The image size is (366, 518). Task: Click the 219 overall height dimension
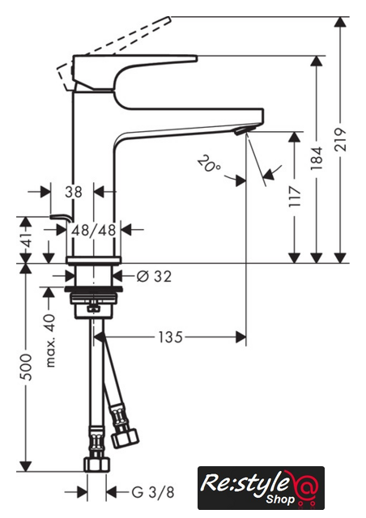[x=341, y=140]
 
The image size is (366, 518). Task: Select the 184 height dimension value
[x=317, y=159]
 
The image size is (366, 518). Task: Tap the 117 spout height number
[x=295, y=196]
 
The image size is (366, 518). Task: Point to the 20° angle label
[x=208, y=164]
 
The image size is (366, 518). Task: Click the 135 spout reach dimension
[x=170, y=338]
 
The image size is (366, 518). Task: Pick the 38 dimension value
[x=73, y=192]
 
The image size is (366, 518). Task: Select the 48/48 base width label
[x=94, y=230]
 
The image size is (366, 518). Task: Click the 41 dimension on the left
[x=27, y=239]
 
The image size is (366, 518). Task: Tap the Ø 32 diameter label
[x=155, y=276]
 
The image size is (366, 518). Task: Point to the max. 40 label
[x=50, y=341]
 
